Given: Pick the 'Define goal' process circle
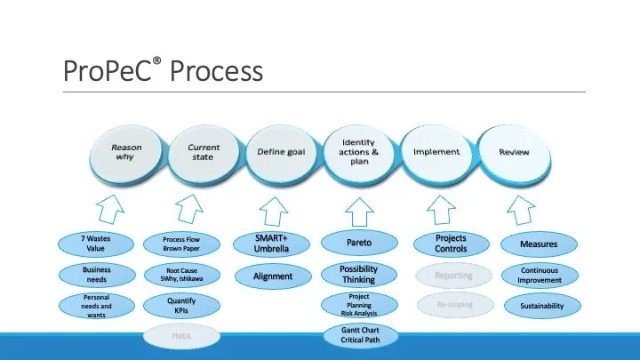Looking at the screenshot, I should click(281, 152).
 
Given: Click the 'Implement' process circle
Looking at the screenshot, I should click(436, 152).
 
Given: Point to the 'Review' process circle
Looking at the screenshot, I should click(514, 152).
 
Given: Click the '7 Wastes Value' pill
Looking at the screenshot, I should click(96, 244).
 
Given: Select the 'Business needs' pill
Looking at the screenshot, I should click(96, 274).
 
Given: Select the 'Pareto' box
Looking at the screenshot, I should click(359, 241).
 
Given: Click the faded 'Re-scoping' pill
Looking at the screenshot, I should click(454, 305).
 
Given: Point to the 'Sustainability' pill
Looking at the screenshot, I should click(540, 305).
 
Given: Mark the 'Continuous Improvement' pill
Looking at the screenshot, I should click(540, 274).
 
